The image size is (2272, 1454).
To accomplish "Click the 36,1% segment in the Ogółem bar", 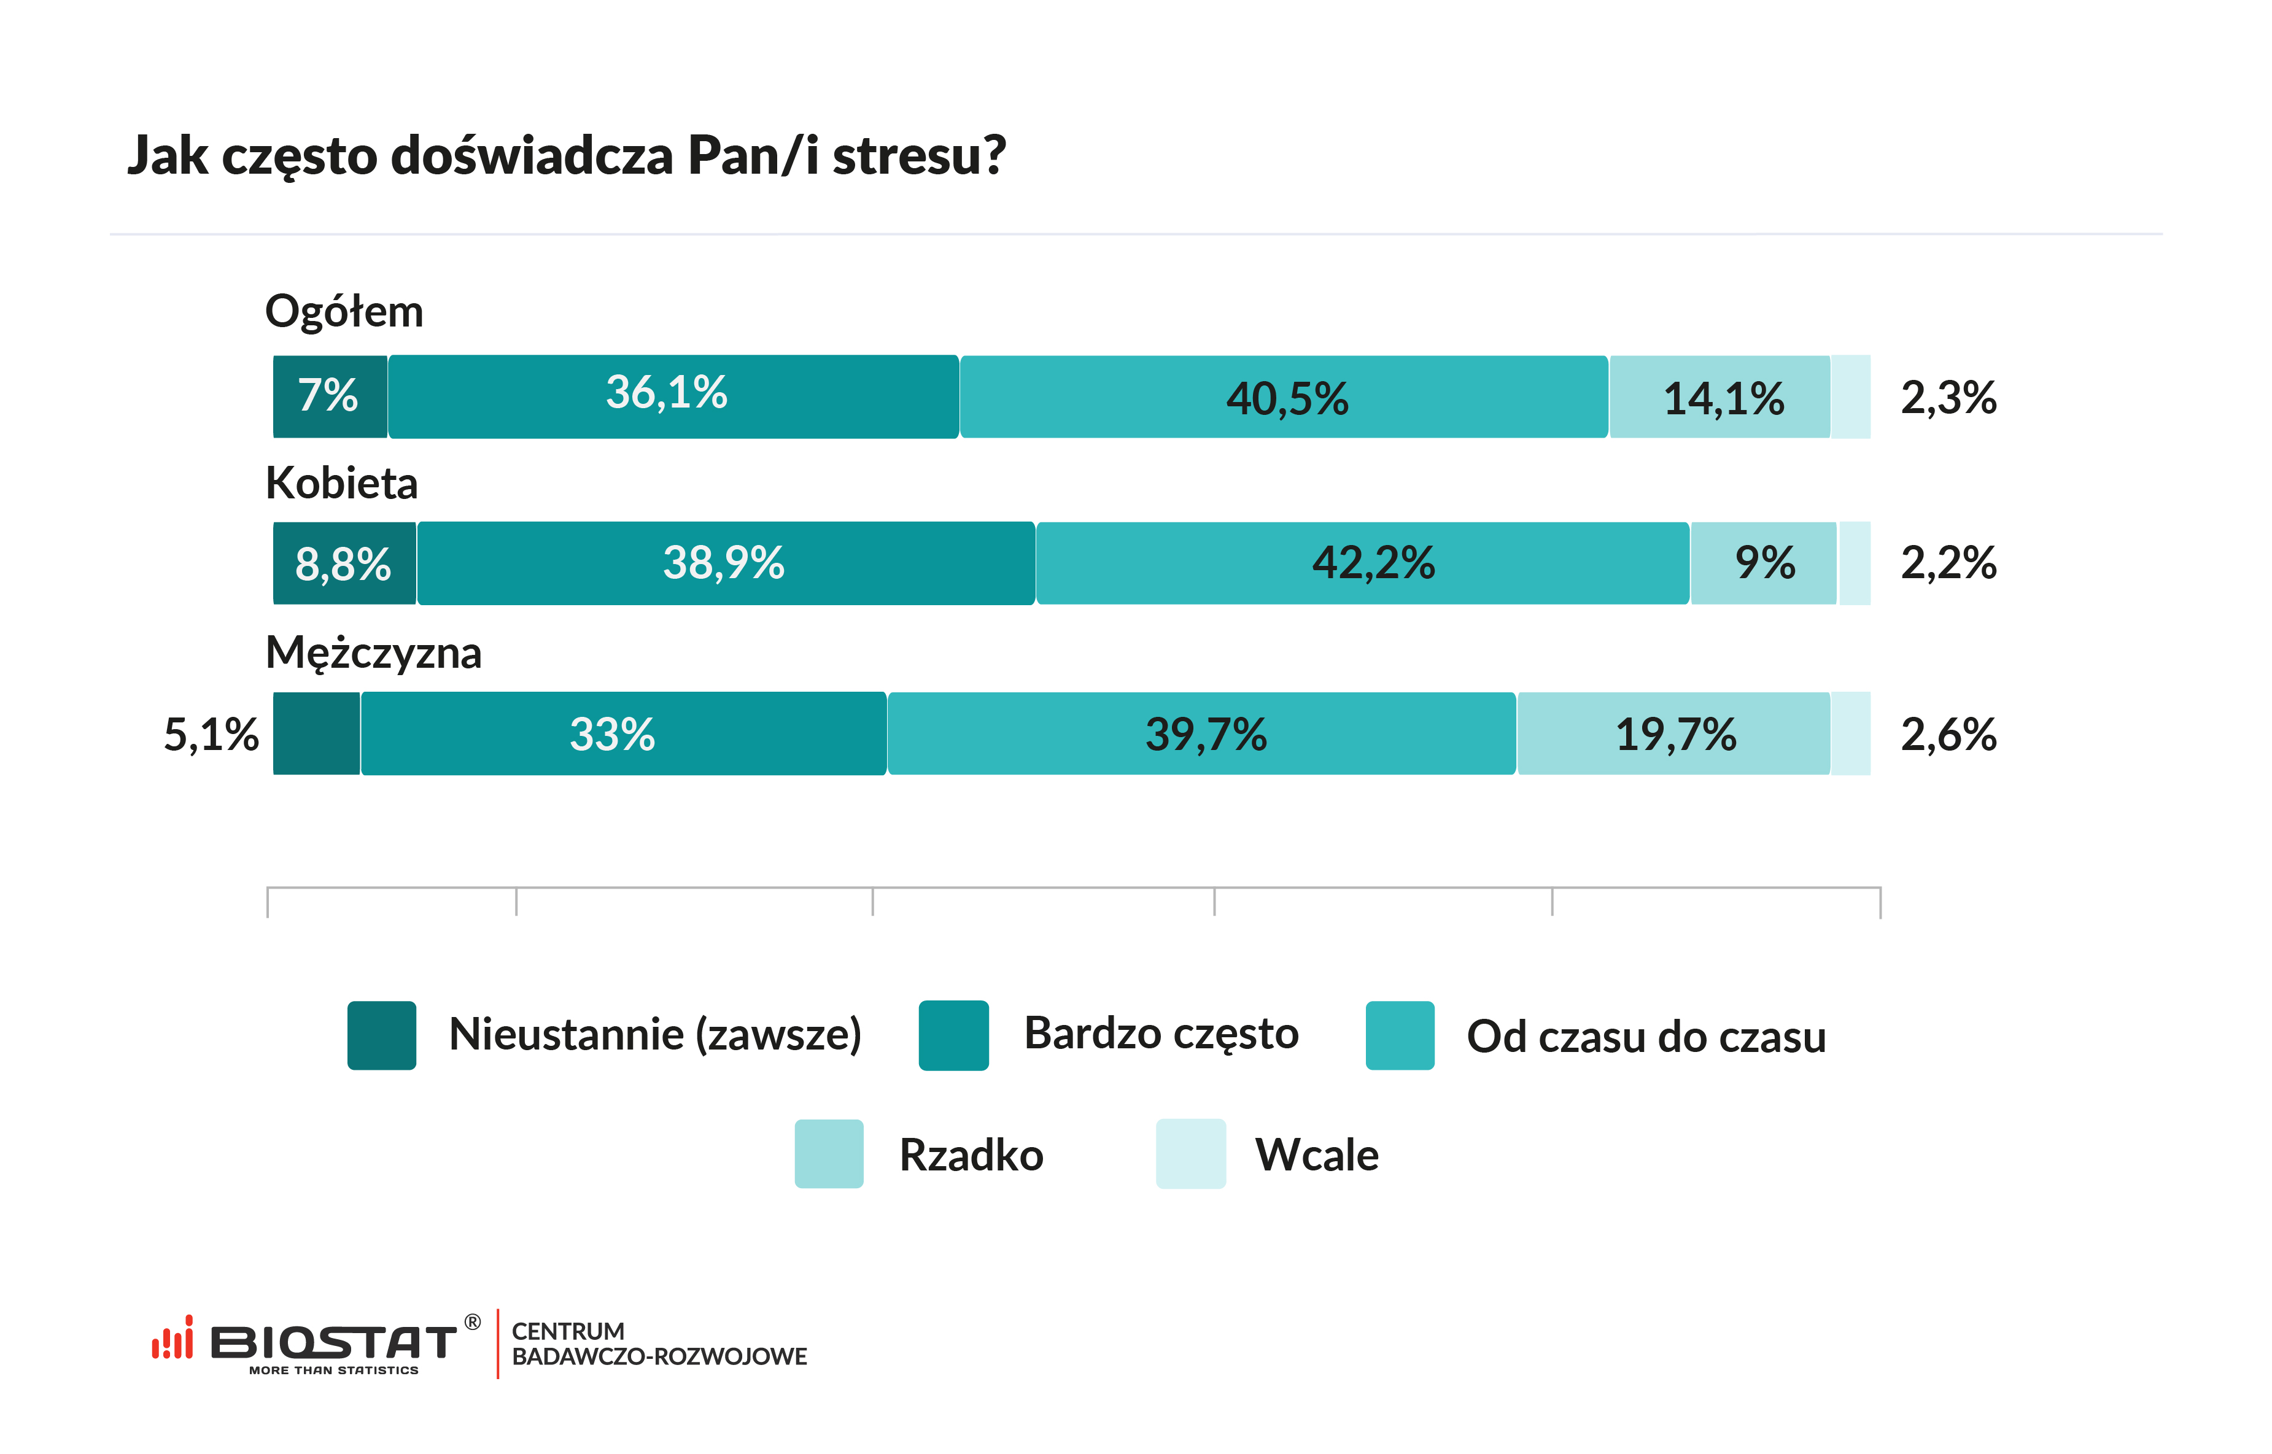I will (673, 396).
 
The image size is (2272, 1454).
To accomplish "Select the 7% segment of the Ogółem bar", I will (330, 396).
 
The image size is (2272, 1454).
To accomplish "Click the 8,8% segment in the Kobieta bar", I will (344, 563).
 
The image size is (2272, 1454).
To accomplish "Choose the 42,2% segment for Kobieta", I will (1363, 563).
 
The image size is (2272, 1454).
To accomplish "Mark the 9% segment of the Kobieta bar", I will (1764, 563).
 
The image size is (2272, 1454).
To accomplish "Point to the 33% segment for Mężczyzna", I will (623, 733).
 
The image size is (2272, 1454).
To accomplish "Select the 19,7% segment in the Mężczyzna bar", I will (1674, 733).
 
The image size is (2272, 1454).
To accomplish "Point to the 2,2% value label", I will (1948, 563).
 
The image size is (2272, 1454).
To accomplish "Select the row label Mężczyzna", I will (373, 652).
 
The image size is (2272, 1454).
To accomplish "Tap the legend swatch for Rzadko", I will (829, 1154).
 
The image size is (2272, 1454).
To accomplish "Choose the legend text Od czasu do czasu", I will (1646, 1037).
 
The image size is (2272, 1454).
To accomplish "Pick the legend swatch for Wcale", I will (1191, 1154).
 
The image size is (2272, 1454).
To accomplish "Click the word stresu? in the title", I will (919, 156).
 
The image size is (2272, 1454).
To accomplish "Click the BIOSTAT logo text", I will (332, 1342).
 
